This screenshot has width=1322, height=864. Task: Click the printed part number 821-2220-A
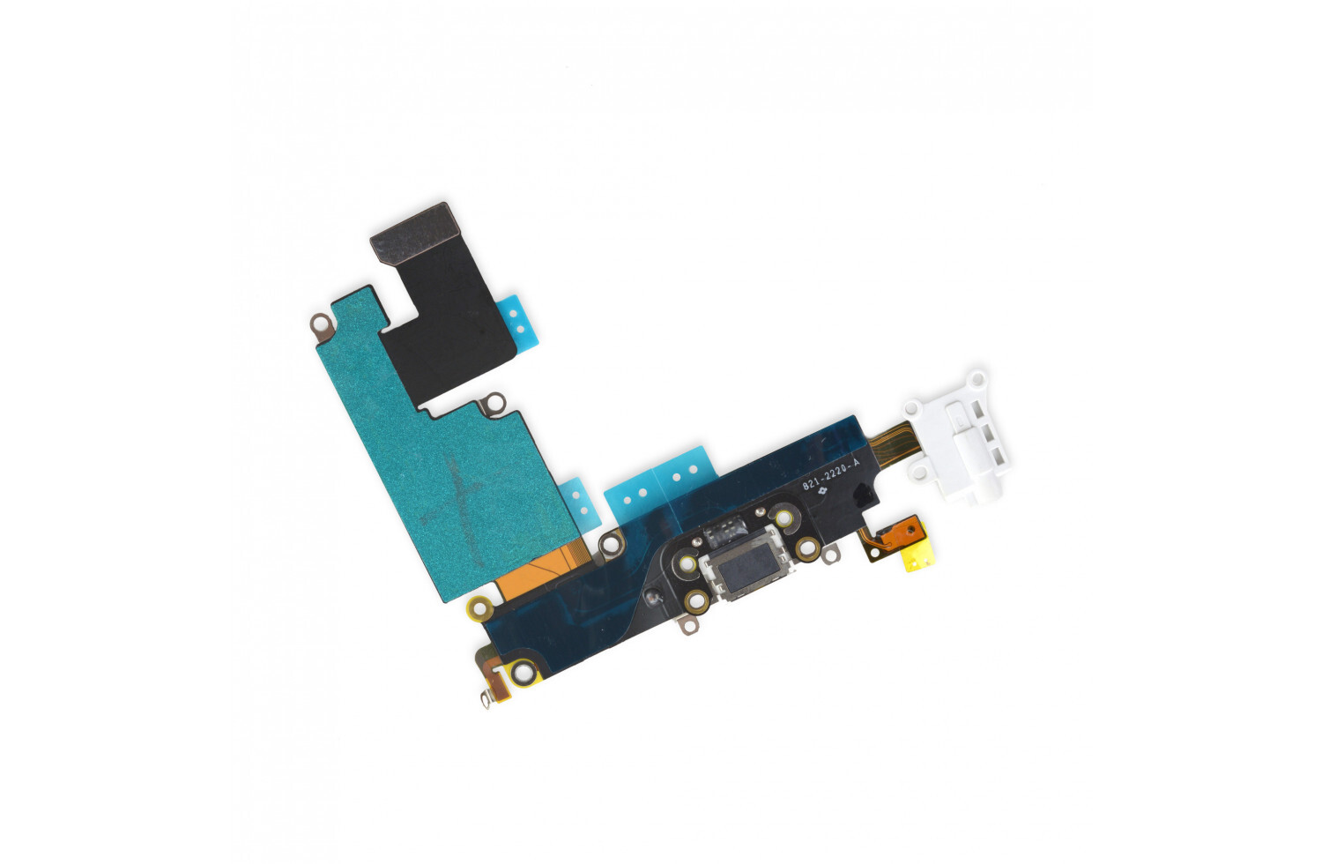(830, 475)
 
